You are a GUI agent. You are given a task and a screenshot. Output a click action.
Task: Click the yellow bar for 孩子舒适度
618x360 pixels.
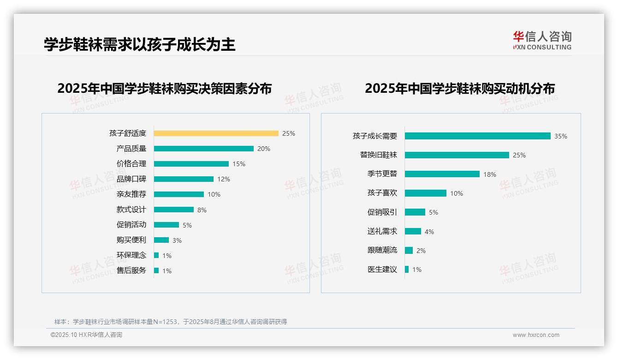point(216,133)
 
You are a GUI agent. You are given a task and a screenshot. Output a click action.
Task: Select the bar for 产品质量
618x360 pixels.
point(203,149)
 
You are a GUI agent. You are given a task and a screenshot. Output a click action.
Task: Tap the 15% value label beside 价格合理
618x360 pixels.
point(239,164)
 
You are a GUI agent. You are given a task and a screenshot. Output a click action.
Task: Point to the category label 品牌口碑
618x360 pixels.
point(131,179)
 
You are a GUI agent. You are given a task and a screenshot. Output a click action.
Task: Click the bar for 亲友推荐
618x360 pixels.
point(178,194)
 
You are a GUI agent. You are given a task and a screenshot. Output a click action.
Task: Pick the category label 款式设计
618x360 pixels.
point(131,210)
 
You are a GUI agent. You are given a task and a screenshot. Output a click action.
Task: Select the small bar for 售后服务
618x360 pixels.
point(156,270)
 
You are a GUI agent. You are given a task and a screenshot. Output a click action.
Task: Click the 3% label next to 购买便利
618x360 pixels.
point(177,240)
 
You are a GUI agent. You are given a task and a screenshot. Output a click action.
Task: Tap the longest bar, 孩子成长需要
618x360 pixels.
point(477,136)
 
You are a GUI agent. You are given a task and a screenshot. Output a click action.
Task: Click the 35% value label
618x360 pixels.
point(561,136)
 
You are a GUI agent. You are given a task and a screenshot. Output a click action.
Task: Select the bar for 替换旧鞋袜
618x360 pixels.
point(457,155)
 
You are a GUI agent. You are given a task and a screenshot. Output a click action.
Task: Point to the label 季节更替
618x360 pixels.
point(382,174)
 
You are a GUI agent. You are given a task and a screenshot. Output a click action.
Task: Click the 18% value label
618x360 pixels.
point(490,174)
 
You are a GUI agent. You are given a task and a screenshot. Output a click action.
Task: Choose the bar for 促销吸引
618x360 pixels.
point(415,212)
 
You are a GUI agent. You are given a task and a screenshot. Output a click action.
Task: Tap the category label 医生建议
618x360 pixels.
point(382,269)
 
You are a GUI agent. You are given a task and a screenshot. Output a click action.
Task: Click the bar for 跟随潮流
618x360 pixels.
point(409,250)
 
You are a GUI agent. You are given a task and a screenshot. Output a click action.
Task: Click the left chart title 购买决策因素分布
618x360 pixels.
point(164,88)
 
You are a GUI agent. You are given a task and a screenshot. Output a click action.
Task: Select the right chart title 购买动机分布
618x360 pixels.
point(459,88)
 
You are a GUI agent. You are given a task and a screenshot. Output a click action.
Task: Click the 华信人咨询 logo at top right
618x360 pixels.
point(542,40)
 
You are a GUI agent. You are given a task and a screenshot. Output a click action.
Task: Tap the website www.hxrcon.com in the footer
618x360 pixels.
point(536,335)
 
